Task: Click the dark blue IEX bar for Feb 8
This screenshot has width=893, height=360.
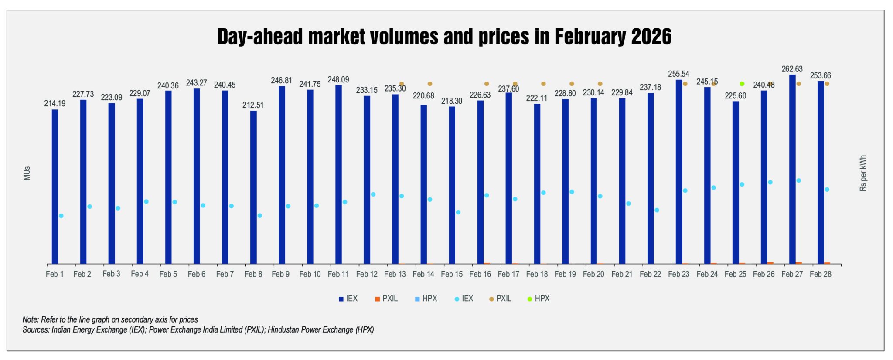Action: pyautogui.click(x=253, y=187)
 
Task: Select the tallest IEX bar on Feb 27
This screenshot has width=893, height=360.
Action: pyautogui.click(x=792, y=170)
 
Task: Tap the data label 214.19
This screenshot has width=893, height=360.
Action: pyautogui.click(x=55, y=103)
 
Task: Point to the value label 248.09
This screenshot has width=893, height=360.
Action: pyautogui.click(x=338, y=80)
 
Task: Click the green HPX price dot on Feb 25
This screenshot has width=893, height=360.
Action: pyautogui.click(x=742, y=84)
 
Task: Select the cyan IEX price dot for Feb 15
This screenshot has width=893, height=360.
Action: pyautogui.click(x=458, y=212)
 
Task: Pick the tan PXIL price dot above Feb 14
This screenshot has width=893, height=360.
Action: pyautogui.click(x=430, y=84)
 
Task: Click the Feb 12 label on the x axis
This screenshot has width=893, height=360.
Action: pyautogui.click(x=367, y=274)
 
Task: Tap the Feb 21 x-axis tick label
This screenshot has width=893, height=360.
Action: pyautogui.click(x=622, y=274)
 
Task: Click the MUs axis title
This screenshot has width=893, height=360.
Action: pyautogui.click(x=27, y=173)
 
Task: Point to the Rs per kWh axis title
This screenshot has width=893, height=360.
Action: pyautogui.click(x=863, y=173)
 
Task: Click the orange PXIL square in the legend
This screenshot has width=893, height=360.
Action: pyautogui.click(x=377, y=299)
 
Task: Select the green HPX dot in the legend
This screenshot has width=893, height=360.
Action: pyautogui.click(x=530, y=299)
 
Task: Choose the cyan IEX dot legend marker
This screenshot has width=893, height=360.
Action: pyautogui.click(x=457, y=299)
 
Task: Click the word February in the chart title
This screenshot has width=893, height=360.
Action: pyautogui.click(x=590, y=37)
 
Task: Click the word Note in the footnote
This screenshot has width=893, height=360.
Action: pyautogui.click(x=30, y=319)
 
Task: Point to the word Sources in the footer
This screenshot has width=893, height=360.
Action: pyautogui.click(x=36, y=330)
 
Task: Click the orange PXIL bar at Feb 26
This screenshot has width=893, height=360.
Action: pyautogui.click(x=770, y=263)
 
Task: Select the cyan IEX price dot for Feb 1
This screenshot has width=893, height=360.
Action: pyautogui.click(x=61, y=216)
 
